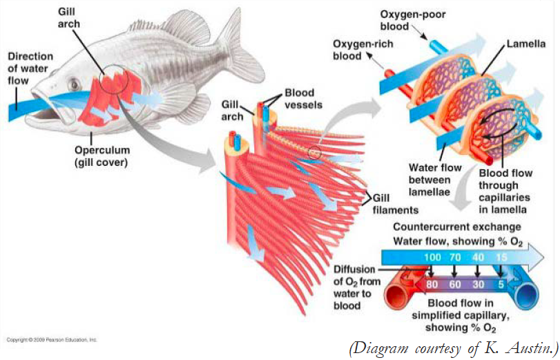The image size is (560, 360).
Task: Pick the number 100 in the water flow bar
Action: pos(433,258)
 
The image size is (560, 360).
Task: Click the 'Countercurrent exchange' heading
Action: pos(457,227)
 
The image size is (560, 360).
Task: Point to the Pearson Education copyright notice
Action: pos(52,339)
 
